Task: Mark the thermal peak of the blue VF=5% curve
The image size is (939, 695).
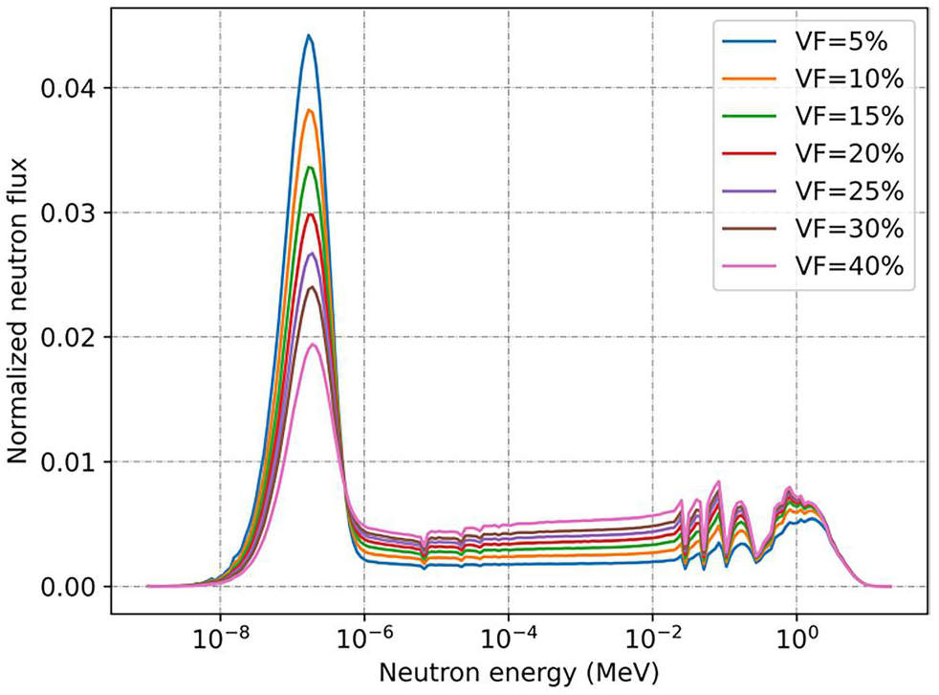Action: (309, 35)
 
